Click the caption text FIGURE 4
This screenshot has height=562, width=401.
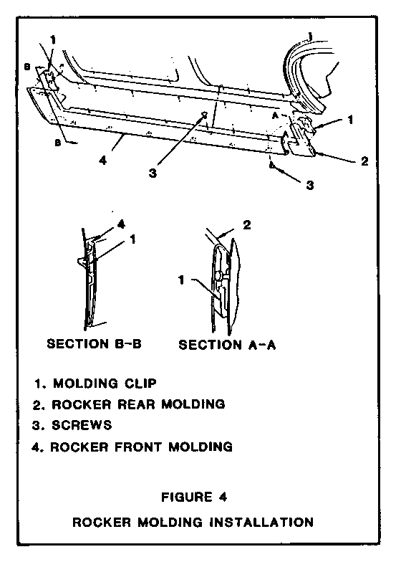pyautogui.click(x=194, y=497)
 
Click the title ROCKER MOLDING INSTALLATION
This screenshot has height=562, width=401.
pyautogui.click(x=193, y=522)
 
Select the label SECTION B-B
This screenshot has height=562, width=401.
pyautogui.click(x=95, y=344)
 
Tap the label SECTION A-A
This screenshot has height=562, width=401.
pyautogui.click(x=227, y=345)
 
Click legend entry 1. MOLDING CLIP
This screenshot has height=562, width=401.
pyautogui.click(x=96, y=384)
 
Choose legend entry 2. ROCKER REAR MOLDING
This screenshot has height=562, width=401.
pyautogui.click(x=129, y=404)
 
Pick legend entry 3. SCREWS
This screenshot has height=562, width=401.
pyautogui.click(x=72, y=425)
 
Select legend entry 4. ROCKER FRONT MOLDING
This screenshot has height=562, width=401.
pyautogui.click(x=132, y=447)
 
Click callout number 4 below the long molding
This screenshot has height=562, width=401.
pyautogui.click(x=103, y=160)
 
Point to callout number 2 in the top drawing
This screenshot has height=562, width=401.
pyautogui.click(x=364, y=161)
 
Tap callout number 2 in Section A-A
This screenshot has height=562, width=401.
pyautogui.click(x=247, y=225)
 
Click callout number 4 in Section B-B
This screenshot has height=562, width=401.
pyautogui.click(x=122, y=224)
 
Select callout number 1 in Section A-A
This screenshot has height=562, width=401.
pyautogui.click(x=182, y=280)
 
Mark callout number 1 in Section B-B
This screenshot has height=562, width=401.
pyautogui.click(x=133, y=239)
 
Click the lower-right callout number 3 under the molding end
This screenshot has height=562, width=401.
pyautogui.click(x=310, y=185)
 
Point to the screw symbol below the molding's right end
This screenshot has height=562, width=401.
pyautogui.click(x=272, y=165)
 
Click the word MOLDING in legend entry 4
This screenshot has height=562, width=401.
pyautogui.click(x=200, y=447)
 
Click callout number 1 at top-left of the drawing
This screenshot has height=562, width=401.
pyautogui.click(x=53, y=39)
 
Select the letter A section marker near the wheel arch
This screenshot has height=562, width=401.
pyautogui.click(x=275, y=116)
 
